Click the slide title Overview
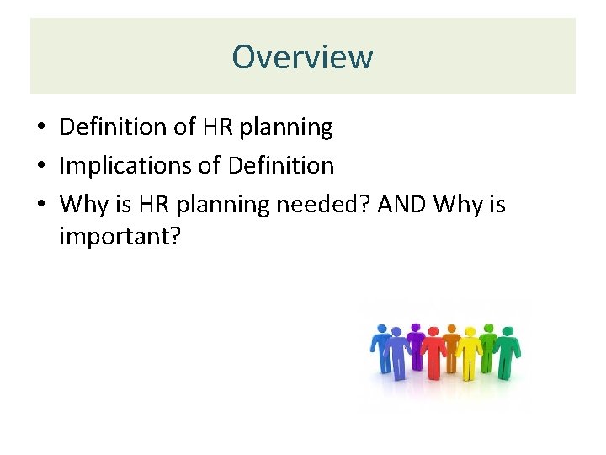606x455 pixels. coord(302,57)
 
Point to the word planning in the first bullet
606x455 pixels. coord(286,128)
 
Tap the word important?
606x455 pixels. coord(120,237)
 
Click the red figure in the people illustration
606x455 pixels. coord(433,354)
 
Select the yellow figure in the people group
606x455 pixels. coord(468,354)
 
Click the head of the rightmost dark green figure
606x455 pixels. coord(507,329)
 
